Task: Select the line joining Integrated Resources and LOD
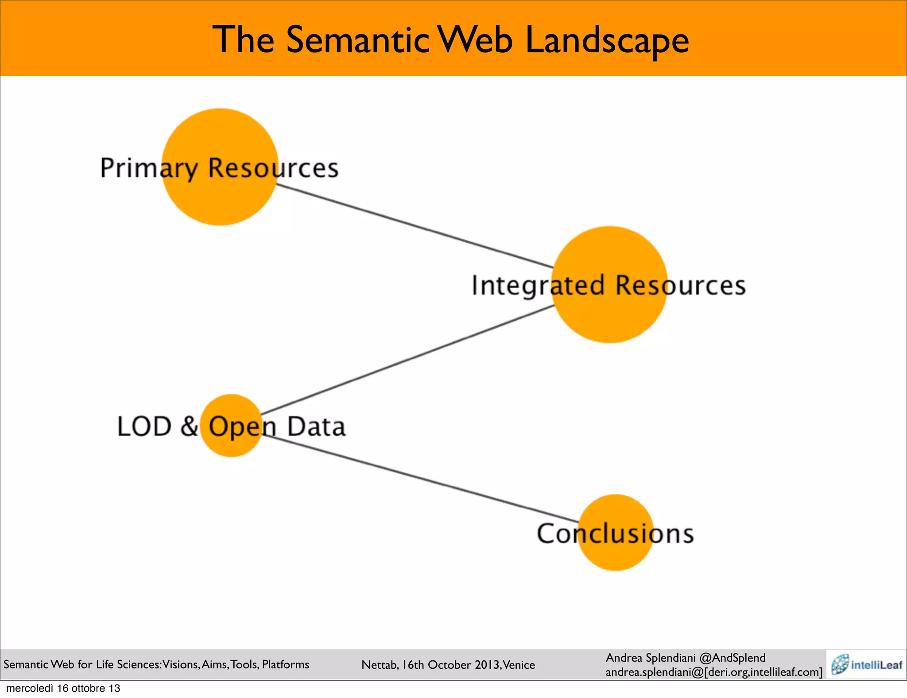(x=407, y=359)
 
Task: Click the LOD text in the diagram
(x=144, y=427)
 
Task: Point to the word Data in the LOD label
(x=316, y=427)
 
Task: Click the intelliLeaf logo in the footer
(x=866, y=664)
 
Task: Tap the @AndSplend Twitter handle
(x=733, y=658)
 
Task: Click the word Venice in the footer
(x=519, y=665)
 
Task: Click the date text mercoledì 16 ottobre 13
(x=63, y=688)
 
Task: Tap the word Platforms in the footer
(x=286, y=664)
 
